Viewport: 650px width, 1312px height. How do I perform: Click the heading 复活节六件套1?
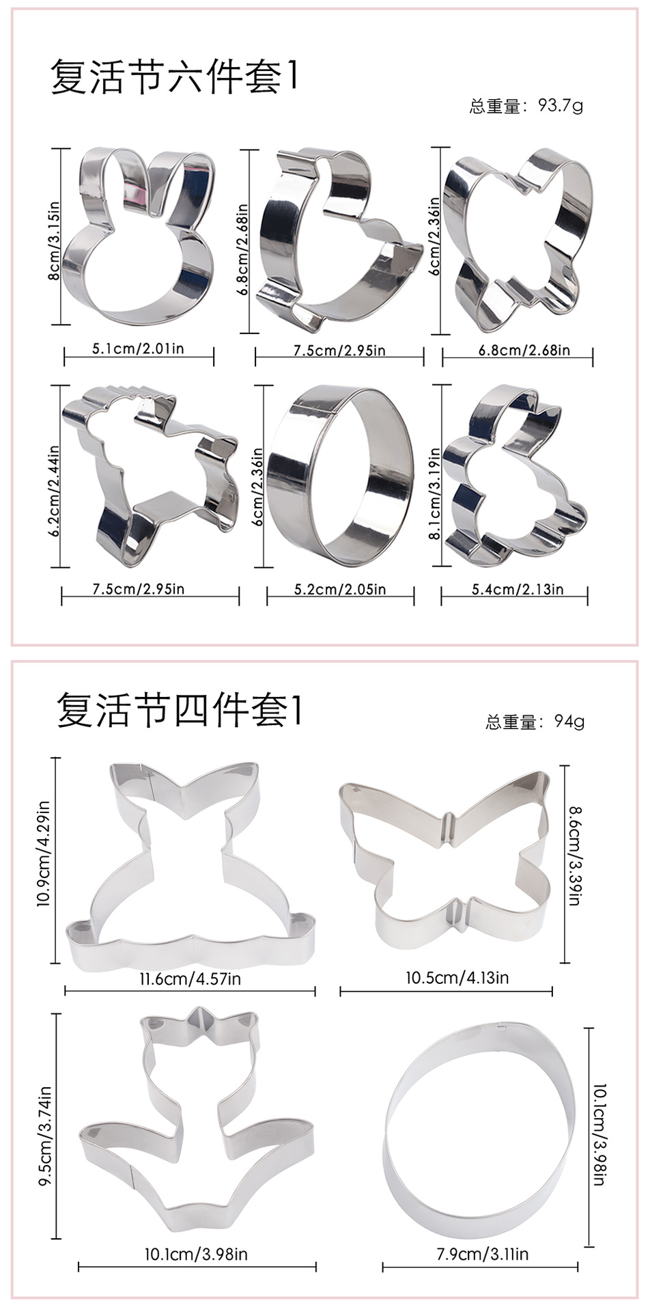[x=175, y=77]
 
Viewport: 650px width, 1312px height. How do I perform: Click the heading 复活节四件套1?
[x=179, y=711]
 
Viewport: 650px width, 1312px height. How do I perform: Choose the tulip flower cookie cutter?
[x=197, y=1121]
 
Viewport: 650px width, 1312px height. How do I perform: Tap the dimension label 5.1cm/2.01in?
[x=139, y=349]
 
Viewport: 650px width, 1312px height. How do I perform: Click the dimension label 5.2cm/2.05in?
[x=340, y=589]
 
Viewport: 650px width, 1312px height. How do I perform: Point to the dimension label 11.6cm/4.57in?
[x=190, y=979]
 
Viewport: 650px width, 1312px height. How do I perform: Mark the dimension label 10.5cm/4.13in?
[x=457, y=977]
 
